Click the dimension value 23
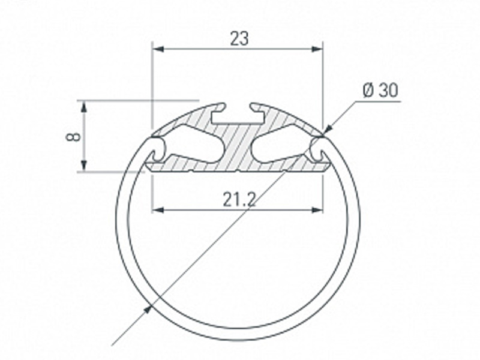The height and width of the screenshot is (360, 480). point(239,39)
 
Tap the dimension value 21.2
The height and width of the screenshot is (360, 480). point(239,200)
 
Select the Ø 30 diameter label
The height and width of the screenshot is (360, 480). point(380,91)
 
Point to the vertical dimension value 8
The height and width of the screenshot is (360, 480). point(73,136)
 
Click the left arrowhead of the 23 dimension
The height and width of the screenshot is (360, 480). point(158,49)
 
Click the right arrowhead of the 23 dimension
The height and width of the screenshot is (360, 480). point(317,49)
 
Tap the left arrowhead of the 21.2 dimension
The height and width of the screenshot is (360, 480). point(158,209)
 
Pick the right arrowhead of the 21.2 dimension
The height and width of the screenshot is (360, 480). point(317,209)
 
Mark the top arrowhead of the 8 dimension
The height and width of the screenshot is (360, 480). point(84,107)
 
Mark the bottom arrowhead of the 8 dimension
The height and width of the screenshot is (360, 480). point(84,166)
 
